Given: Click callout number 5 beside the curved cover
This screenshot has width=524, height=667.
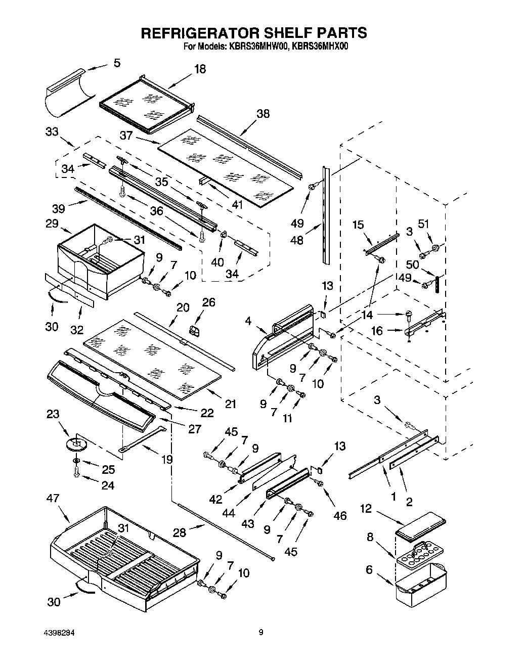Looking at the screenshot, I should tap(117, 63).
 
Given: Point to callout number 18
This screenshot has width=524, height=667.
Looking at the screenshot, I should tap(200, 69).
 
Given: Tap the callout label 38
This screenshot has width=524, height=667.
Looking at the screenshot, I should tap(263, 114).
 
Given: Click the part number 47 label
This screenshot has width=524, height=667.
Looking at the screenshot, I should tap(53, 499).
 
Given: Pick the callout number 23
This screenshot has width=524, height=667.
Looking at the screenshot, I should tap(52, 414).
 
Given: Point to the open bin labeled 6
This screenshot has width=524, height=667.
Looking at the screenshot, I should tap(421, 585).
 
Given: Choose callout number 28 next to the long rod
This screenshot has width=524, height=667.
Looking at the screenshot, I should tap(180, 532).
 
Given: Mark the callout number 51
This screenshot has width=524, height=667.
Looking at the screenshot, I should tap(423, 224).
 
